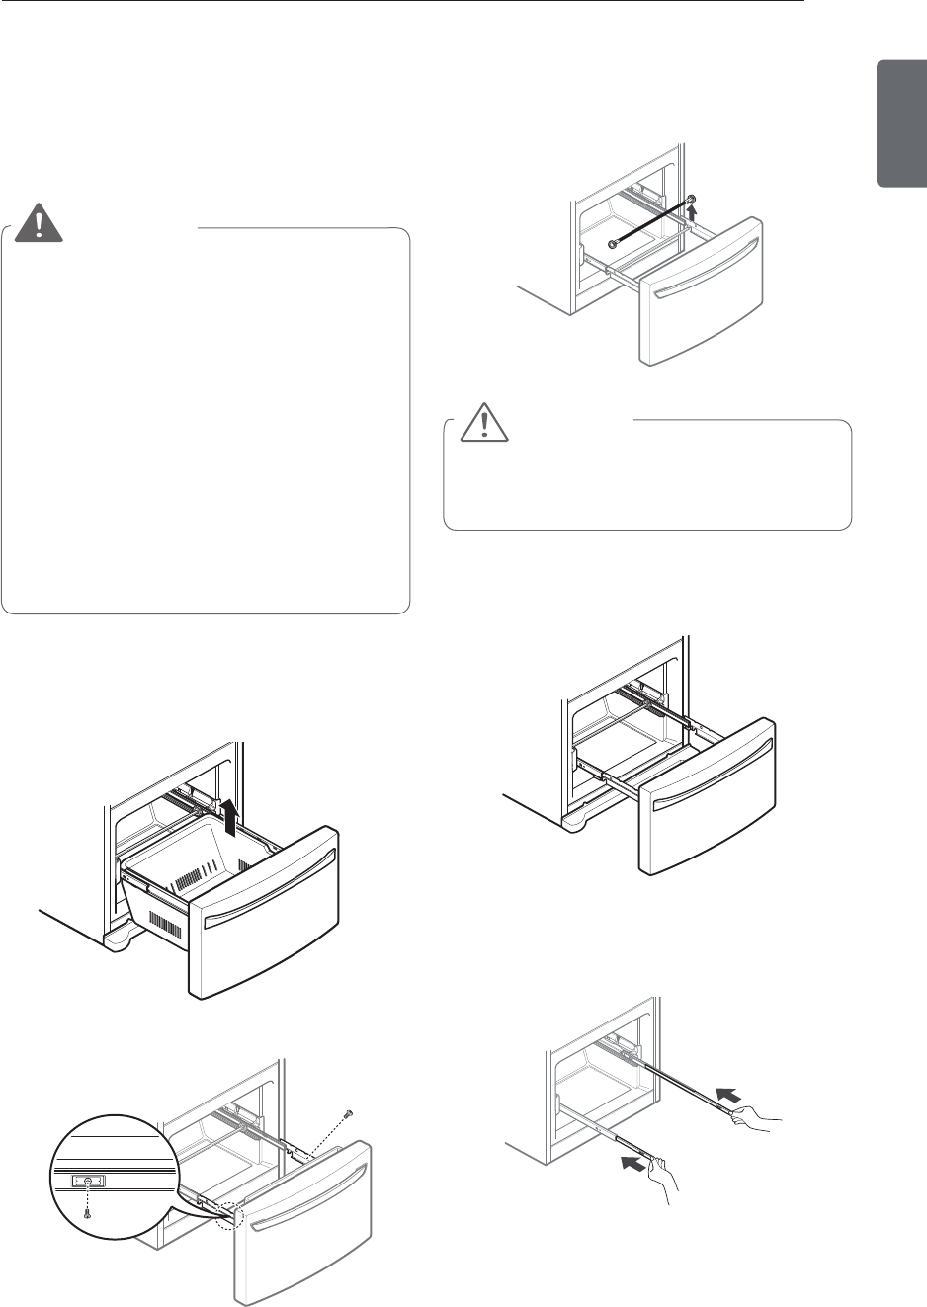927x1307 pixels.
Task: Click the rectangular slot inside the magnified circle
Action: [x=88, y=1181]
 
